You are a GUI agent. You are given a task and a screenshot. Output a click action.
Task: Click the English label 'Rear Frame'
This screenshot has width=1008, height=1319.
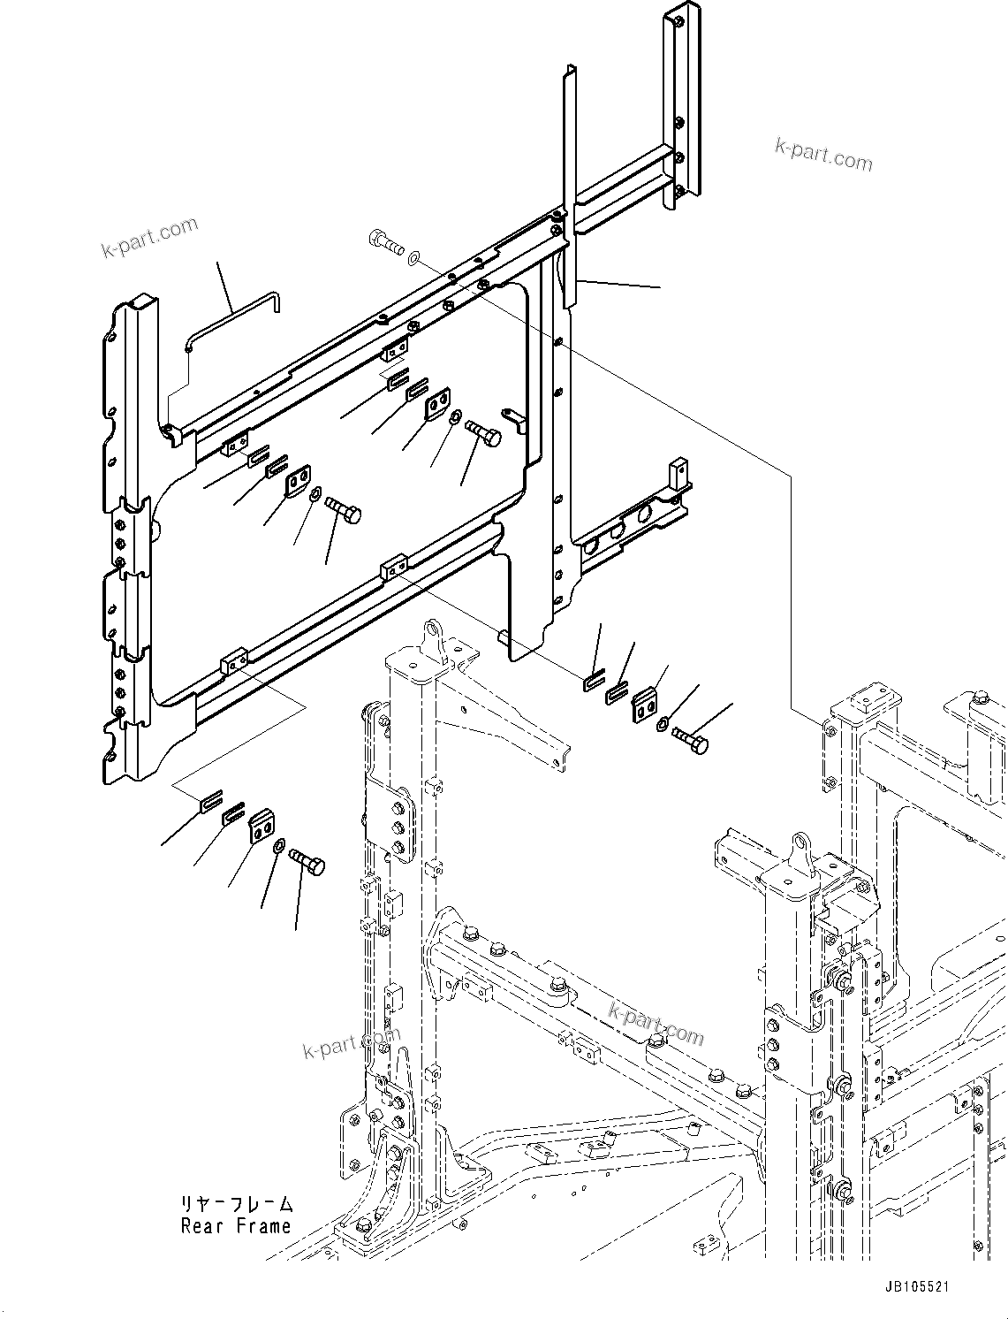point(236,1226)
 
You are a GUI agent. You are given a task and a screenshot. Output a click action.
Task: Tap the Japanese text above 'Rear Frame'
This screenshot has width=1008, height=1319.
point(236,1204)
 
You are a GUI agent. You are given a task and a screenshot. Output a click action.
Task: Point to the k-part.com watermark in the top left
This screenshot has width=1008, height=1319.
point(149,238)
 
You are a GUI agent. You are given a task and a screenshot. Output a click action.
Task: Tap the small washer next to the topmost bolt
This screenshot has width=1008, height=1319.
point(415,257)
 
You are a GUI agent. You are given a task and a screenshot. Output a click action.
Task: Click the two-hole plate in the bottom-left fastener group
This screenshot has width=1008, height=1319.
point(259,827)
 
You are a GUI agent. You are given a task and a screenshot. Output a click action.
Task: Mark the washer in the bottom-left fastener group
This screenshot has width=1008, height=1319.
point(279,847)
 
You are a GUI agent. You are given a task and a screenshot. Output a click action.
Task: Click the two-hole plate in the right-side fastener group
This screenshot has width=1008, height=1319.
point(646,706)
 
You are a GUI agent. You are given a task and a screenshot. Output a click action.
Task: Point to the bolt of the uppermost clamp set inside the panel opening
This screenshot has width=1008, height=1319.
point(481,433)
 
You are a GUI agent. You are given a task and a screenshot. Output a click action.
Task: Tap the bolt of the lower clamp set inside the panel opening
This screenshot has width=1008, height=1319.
point(343,510)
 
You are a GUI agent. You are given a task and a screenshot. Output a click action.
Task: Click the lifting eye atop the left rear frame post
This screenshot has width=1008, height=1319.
point(432,636)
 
